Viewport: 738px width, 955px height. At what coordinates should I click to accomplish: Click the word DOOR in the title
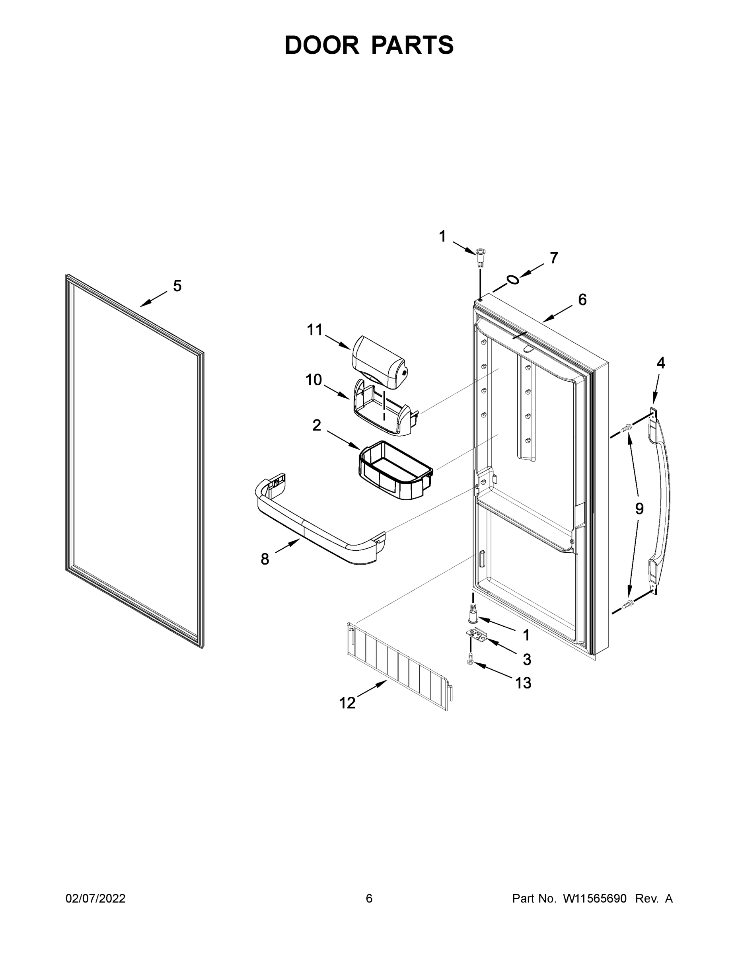click(x=321, y=45)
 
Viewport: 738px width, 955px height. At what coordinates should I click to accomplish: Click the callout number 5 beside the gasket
click(x=177, y=286)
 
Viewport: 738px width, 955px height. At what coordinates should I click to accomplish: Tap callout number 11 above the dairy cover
click(x=314, y=330)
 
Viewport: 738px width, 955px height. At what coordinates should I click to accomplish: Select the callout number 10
click(x=314, y=380)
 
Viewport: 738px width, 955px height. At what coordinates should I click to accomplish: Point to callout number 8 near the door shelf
click(x=265, y=559)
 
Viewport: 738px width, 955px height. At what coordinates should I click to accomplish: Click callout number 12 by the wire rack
click(x=347, y=703)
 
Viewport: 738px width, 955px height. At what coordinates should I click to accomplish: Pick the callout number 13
click(x=523, y=682)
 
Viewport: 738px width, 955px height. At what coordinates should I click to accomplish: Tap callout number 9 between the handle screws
click(x=639, y=509)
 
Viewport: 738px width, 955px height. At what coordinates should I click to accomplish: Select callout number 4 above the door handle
click(x=660, y=363)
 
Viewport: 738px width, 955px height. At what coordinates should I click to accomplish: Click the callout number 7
click(x=554, y=258)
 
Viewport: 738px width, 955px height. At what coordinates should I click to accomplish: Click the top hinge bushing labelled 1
click(x=481, y=254)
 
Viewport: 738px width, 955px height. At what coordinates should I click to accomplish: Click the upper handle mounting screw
click(x=628, y=427)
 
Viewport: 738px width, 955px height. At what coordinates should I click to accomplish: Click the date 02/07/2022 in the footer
click(x=95, y=898)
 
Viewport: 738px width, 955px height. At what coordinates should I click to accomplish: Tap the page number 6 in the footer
click(x=369, y=898)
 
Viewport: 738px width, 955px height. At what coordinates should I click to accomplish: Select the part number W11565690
click(x=595, y=898)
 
